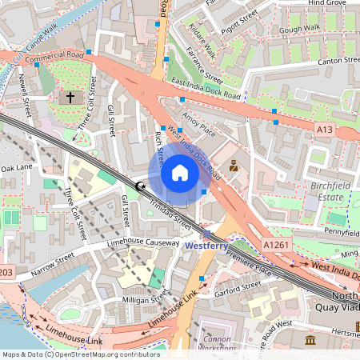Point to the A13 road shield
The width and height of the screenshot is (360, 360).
coord(324,129)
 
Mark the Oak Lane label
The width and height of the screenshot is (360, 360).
coord(17,168)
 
